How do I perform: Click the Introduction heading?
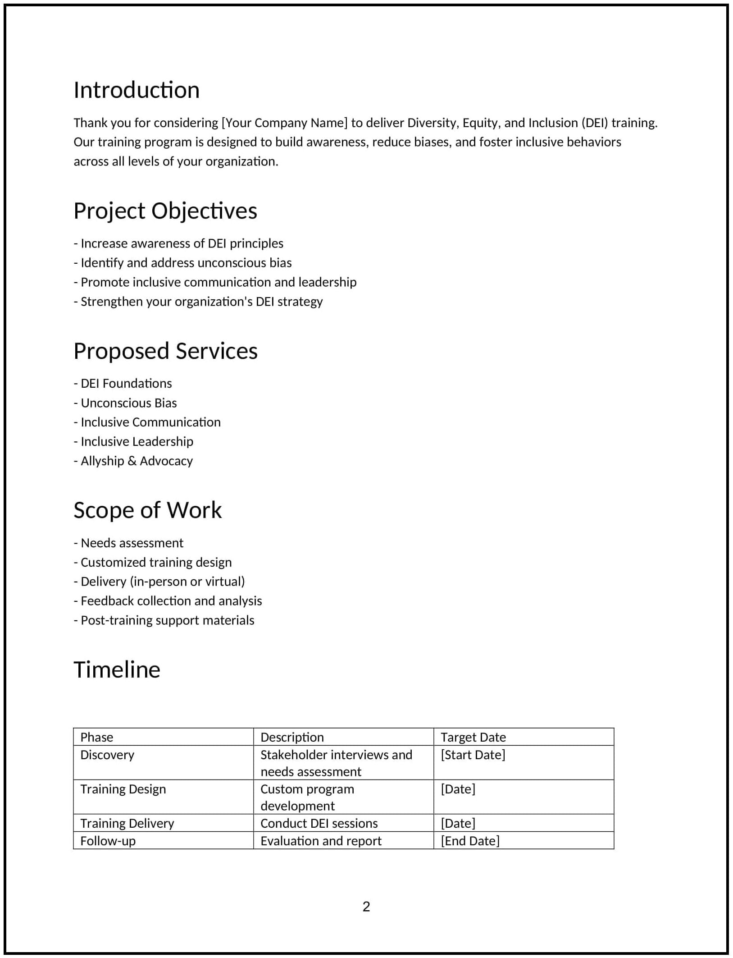pos(137,90)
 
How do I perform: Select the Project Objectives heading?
pos(165,211)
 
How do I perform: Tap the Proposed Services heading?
pos(165,351)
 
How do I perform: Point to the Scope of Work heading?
pos(147,510)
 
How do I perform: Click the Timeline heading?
pos(117,669)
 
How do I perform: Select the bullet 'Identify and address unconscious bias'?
pos(183,263)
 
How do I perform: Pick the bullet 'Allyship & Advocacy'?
pos(133,461)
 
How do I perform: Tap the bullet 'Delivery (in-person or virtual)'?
pos(159,582)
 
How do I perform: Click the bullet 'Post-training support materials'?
pos(164,620)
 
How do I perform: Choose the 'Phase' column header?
pos(97,737)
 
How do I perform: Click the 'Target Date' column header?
pos(473,737)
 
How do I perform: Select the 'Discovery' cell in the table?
pos(107,755)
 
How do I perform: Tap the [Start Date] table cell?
pos(473,755)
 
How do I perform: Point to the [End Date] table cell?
pos(470,841)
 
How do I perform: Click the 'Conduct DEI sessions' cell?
pos(319,823)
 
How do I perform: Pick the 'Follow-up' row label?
pos(108,841)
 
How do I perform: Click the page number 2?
pos(366,907)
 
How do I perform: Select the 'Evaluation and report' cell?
pos(321,841)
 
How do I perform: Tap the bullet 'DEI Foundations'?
pos(123,383)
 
